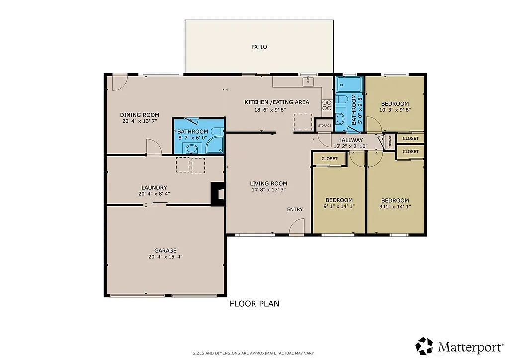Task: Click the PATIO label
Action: click(258, 47)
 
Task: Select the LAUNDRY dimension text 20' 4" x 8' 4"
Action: click(155, 194)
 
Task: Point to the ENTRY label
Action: click(295, 209)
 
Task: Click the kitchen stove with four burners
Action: click(327, 105)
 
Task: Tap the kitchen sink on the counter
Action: click(309, 80)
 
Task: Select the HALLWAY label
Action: click(350, 140)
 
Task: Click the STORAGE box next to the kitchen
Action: click(324, 125)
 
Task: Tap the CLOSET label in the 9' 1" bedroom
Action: click(329, 159)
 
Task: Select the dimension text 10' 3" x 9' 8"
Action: click(395, 110)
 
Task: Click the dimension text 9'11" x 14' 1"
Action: click(395, 206)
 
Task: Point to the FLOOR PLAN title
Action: click(254, 303)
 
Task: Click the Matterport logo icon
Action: click(424, 345)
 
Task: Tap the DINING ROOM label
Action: click(139, 115)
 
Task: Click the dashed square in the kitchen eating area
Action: click(303, 122)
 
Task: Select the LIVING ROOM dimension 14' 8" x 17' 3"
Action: click(268, 189)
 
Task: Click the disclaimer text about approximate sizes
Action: click(254, 353)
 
